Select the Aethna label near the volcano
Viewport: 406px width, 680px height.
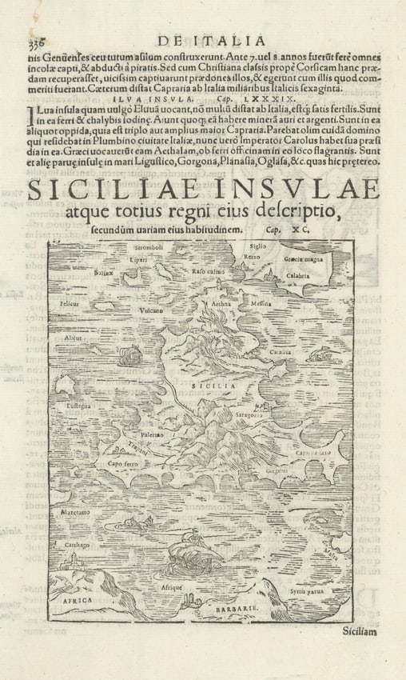[221, 305]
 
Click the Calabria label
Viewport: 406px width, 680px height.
[298, 276]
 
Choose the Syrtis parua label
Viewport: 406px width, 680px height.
[304, 590]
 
